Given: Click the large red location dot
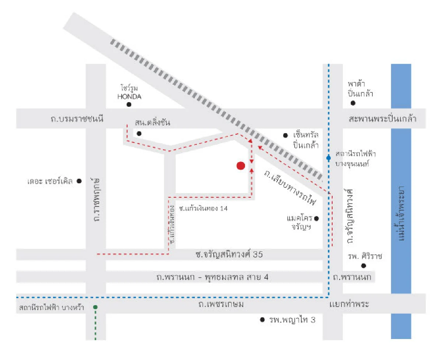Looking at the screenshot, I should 241,166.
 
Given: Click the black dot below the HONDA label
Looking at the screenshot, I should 129,105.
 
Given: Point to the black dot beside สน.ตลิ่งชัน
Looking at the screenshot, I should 139,134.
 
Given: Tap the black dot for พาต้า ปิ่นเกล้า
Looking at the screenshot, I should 353,103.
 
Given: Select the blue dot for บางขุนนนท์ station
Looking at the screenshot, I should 329,158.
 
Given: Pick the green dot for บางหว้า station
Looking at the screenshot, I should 95,307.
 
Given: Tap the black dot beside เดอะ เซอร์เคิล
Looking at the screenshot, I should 79,181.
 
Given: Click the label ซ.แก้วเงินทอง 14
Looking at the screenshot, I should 203,208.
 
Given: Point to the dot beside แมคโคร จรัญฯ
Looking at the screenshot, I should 316,218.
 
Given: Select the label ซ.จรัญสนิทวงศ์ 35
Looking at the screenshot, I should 229,254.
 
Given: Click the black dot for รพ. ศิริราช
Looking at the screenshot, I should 364,266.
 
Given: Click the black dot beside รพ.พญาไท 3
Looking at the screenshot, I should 262,320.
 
